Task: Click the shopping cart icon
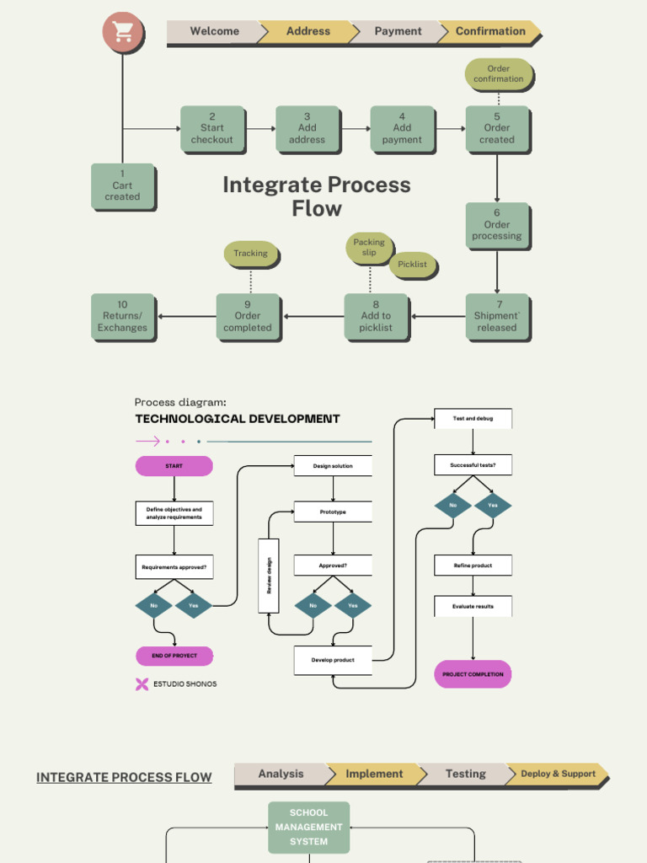tap(123, 32)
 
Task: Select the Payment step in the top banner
tap(398, 31)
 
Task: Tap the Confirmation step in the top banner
tap(490, 31)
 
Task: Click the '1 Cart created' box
tap(122, 185)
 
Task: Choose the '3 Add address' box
tap(307, 128)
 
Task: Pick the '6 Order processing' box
tap(496, 225)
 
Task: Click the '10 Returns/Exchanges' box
tap(122, 317)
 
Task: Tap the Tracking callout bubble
tap(250, 254)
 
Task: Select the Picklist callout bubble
tap(412, 265)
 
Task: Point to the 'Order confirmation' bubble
tap(498, 74)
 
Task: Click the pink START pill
tap(174, 466)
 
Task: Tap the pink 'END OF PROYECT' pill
tap(174, 656)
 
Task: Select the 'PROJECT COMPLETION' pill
tap(473, 674)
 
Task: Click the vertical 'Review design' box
tap(269, 576)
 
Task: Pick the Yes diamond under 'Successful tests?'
tap(493, 506)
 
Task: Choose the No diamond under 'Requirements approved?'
tap(153, 605)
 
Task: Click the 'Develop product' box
tap(333, 660)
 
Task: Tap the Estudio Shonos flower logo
tap(142, 684)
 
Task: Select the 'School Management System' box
tap(308, 827)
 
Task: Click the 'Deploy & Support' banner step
tap(557, 774)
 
